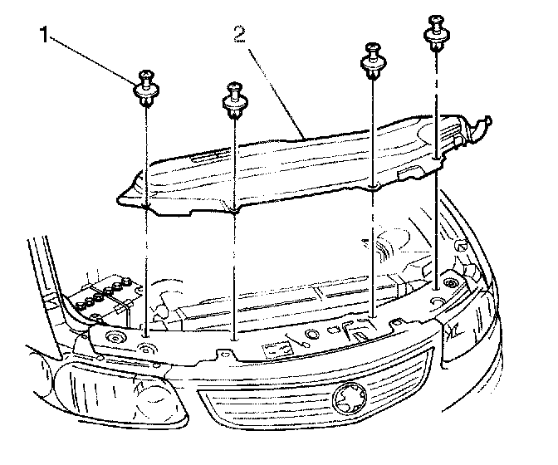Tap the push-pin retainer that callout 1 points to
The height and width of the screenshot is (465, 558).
pyautogui.click(x=146, y=89)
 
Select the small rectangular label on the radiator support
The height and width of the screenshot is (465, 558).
pyautogui.click(x=275, y=348)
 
